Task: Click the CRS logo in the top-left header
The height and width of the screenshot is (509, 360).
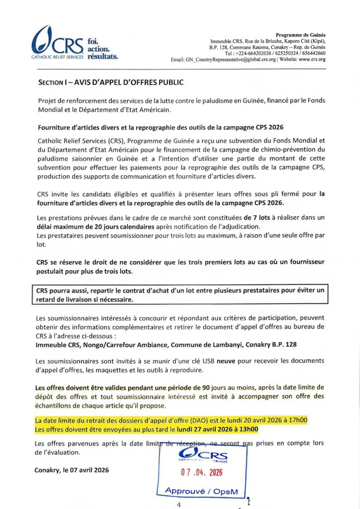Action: (x=57, y=43)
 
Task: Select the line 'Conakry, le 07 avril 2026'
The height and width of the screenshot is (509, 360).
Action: (x=72, y=470)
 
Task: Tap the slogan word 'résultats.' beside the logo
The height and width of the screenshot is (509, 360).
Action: (x=102, y=57)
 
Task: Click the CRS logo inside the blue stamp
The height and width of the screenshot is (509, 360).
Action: (x=203, y=454)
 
